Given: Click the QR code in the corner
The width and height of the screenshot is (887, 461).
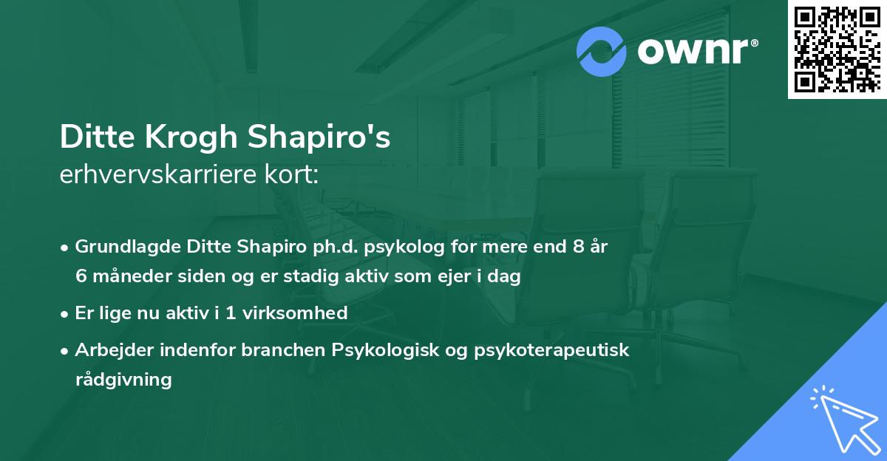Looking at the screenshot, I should click(x=837, y=49).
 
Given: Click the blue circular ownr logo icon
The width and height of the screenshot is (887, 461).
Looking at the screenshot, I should click(x=602, y=52).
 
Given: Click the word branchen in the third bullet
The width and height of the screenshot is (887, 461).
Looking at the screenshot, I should click(x=274, y=349).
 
